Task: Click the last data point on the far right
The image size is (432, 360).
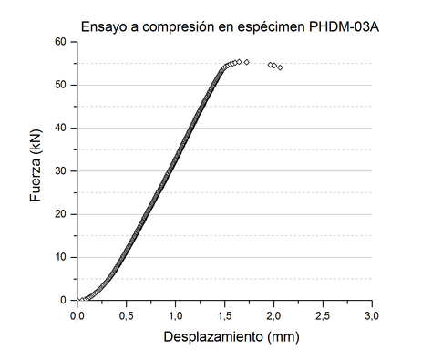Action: pyautogui.click(x=280, y=67)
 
